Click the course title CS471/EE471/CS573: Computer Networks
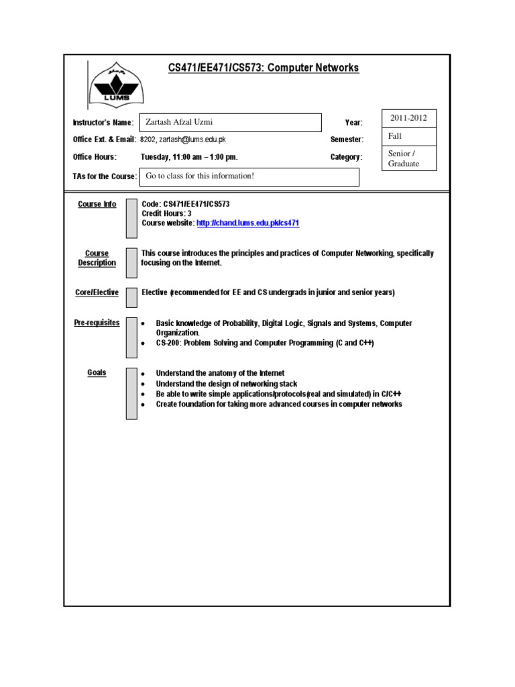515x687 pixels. click(x=263, y=68)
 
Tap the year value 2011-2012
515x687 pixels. click(x=408, y=118)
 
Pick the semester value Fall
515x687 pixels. click(x=395, y=136)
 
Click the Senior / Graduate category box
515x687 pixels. click(x=404, y=158)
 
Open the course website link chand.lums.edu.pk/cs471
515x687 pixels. click(x=248, y=223)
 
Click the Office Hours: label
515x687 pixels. click(x=95, y=157)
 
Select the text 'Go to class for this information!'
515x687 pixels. click(x=201, y=176)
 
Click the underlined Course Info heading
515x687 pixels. click(x=97, y=204)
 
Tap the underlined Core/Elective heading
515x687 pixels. click(x=97, y=293)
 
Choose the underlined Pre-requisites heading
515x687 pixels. click(x=97, y=323)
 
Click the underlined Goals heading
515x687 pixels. click(x=97, y=372)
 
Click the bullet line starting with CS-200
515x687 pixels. click(x=264, y=343)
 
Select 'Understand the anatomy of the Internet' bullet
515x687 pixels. click(x=220, y=373)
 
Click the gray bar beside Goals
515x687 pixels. click(x=131, y=393)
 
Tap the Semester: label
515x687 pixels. click(x=347, y=140)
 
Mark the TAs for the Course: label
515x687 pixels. click(x=105, y=176)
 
